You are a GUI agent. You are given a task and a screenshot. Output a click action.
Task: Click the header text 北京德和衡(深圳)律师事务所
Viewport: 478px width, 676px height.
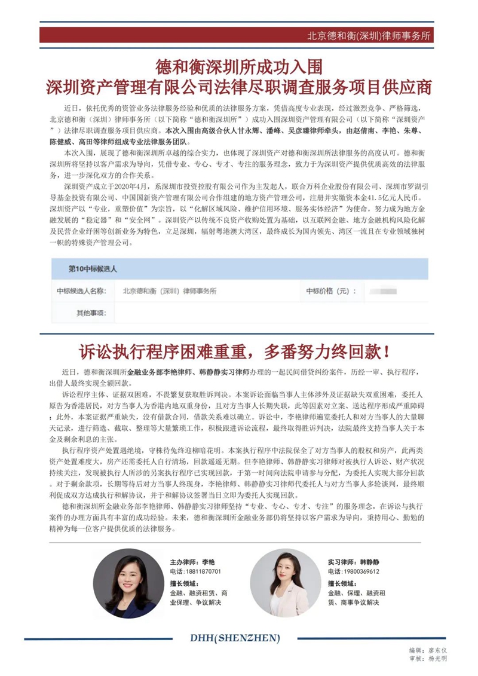[x=369, y=35]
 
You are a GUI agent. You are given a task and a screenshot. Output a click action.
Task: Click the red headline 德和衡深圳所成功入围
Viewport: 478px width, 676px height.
[x=239, y=65]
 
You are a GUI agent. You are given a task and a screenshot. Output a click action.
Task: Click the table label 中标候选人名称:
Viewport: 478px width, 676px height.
[x=81, y=291]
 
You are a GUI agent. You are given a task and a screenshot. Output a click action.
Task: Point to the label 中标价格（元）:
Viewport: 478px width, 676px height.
[x=331, y=291]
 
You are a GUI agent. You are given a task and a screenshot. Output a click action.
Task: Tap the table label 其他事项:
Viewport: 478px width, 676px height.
[x=90, y=312]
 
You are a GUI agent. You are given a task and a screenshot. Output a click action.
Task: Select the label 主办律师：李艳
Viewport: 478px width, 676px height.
[x=191, y=562]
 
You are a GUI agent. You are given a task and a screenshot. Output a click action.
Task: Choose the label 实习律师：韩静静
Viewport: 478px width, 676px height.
[x=353, y=562]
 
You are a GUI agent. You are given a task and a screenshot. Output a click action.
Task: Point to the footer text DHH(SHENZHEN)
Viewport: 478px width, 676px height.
[x=240, y=638]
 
